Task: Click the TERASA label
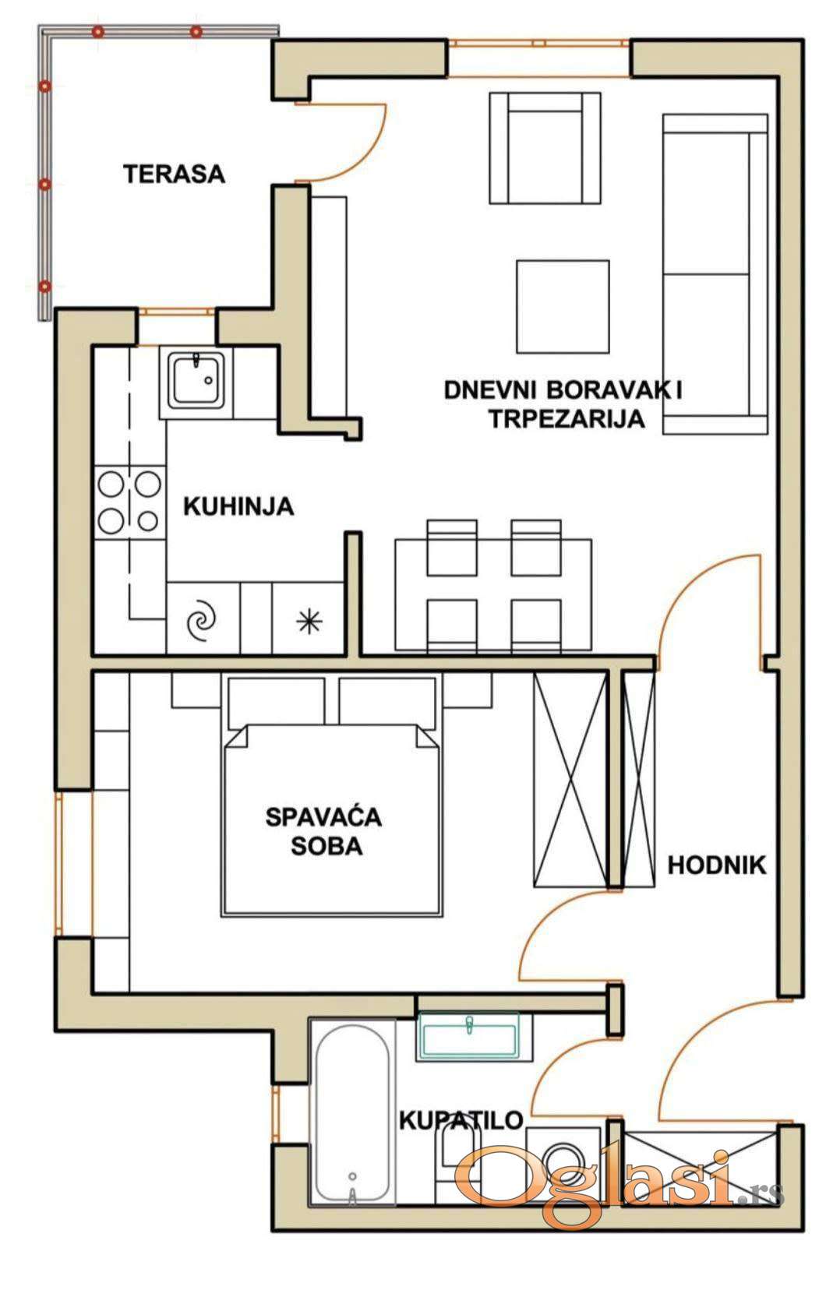point(175,174)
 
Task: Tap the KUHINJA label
point(238,506)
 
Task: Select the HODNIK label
point(717,865)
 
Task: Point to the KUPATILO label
point(461,1120)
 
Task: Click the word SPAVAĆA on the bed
point(324,817)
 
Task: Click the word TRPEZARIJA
point(567,418)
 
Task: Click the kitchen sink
point(196,381)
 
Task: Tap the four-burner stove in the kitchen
point(130,502)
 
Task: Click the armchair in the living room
point(545,148)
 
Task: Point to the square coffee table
point(563,306)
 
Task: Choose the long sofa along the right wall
point(715,274)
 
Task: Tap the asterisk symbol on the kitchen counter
point(309,622)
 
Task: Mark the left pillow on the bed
point(277,703)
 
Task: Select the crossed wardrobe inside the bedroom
point(570,779)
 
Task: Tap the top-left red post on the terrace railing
point(98,31)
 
